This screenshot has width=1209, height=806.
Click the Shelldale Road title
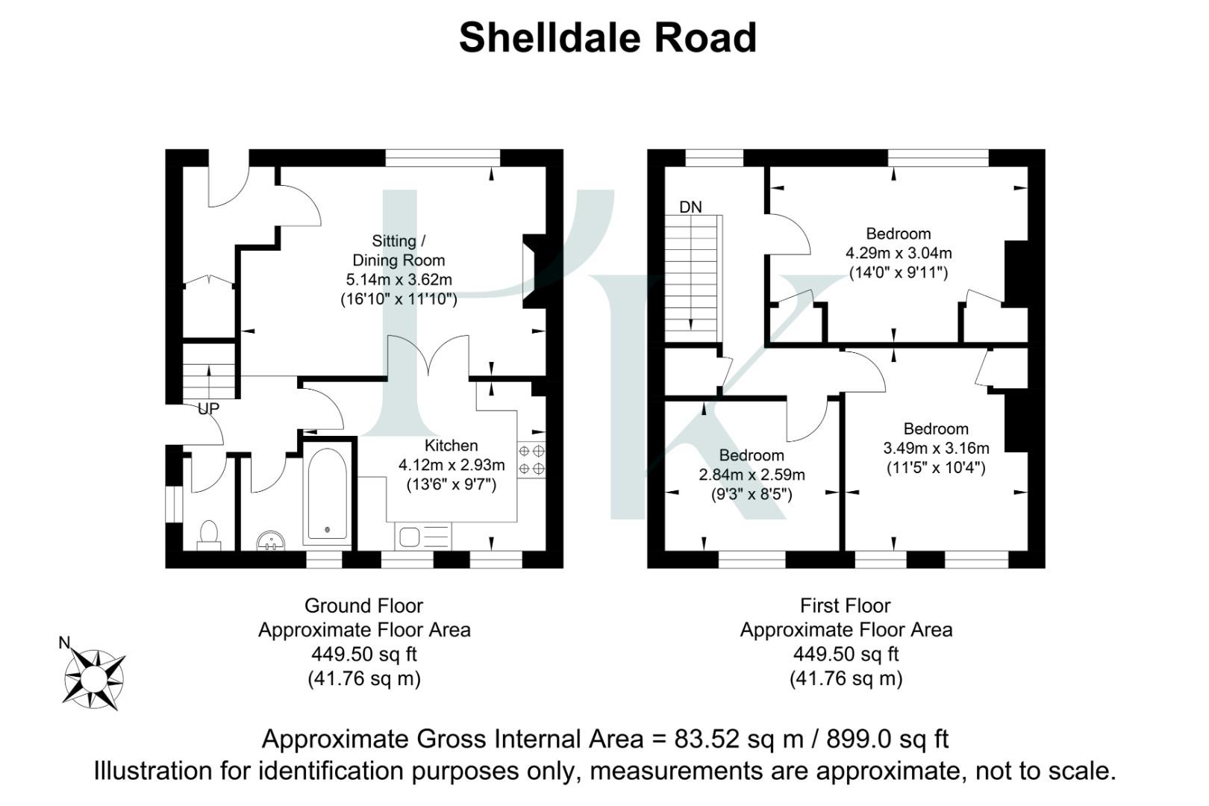(607, 38)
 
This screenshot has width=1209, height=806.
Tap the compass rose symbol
(93, 678)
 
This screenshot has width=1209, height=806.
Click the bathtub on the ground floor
(326, 494)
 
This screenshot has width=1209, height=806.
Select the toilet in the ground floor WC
(209, 534)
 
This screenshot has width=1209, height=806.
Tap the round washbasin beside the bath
(271, 540)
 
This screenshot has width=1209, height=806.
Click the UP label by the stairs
(208, 409)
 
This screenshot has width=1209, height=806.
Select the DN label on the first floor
(690, 207)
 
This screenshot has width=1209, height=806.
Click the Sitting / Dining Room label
(399, 251)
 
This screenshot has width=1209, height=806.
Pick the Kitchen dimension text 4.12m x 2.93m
(452, 465)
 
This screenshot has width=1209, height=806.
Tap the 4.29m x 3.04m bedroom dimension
(899, 253)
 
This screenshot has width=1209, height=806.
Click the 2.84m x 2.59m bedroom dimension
(752, 475)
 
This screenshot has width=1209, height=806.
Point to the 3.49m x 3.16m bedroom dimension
(936, 448)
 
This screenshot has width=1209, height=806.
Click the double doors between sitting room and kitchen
(428, 357)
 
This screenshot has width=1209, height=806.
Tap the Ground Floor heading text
(363, 605)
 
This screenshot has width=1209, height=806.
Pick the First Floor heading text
(846, 605)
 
